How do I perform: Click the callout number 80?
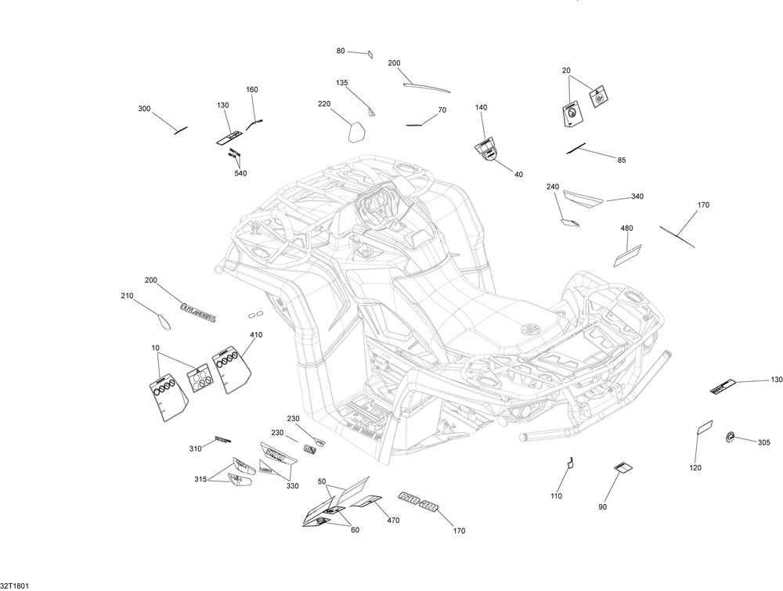click(x=341, y=51)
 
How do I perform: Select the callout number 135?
click(x=342, y=83)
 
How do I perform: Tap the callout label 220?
click(x=324, y=104)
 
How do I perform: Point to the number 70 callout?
click(x=442, y=110)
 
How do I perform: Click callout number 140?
click(x=481, y=107)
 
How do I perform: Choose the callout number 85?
click(x=622, y=160)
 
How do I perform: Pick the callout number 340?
click(x=637, y=196)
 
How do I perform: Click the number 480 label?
click(x=626, y=229)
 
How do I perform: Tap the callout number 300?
click(x=144, y=109)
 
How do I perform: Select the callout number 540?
click(x=240, y=174)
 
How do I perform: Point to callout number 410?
click(x=256, y=335)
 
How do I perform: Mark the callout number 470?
click(x=393, y=521)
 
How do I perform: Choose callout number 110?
click(x=557, y=496)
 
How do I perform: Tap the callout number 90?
click(x=603, y=507)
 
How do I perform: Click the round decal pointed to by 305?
click(x=731, y=437)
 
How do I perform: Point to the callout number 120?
click(x=695, y=467)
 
